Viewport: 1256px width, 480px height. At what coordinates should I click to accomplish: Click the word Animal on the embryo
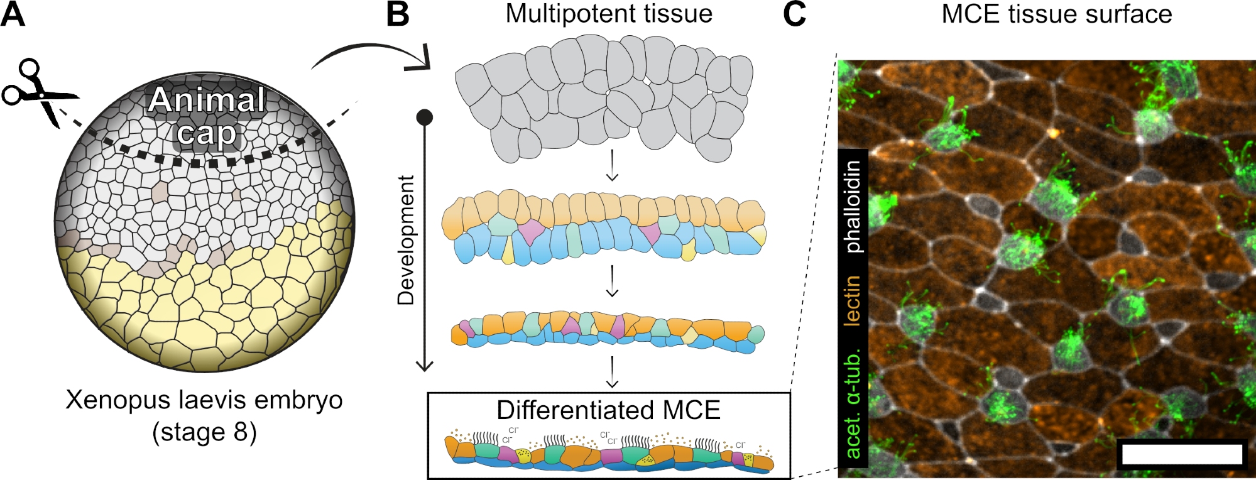tap(207, 101)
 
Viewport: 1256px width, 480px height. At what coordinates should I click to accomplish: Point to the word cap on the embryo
tap(207, 134)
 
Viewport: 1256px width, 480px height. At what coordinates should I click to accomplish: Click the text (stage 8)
tap(204, 432)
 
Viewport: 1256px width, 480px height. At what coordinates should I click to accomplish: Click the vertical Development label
tap(407, 240)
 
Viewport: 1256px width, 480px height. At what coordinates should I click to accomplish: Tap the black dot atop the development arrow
tap(425, 117)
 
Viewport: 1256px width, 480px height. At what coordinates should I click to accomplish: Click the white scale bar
tap(1182, 454)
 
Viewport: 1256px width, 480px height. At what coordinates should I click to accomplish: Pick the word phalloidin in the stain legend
tap(853, 207)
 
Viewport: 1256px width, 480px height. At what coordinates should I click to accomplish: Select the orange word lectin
tap(853, 300)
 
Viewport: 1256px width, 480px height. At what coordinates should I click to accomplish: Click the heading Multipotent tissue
tap(609, 14)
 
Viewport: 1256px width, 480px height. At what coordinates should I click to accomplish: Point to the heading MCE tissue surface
tap(1056, 14)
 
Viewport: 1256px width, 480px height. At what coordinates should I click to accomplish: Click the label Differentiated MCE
tap(608, 410)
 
